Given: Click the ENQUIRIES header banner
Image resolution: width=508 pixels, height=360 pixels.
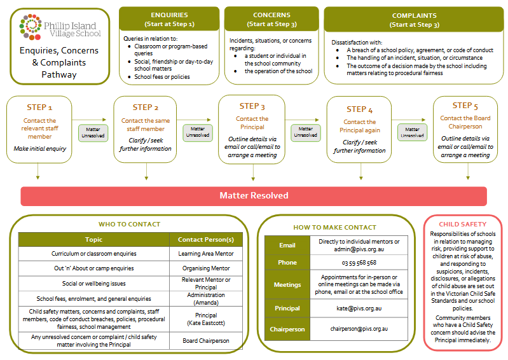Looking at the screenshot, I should click(168, 19).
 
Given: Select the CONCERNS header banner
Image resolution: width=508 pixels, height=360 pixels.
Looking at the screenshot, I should click(271, 19).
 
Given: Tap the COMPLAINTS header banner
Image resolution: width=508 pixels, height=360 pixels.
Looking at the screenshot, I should click(414, 19).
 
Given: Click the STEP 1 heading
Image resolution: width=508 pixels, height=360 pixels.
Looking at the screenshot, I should click(39, 107).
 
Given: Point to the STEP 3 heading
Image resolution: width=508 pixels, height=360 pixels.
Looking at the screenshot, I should click(252, 106).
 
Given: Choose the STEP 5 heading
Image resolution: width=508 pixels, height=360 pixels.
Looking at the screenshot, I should click(465, 106).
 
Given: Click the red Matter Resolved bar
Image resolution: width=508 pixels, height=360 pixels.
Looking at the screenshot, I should click(254, 196).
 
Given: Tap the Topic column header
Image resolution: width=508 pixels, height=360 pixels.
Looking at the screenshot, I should click(93, 240).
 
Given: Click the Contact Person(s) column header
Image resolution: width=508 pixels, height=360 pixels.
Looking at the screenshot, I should click(205, 240).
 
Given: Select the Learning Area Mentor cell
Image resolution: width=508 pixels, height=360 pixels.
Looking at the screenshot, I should click(205, 254).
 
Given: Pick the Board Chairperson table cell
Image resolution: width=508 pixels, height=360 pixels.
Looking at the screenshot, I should click(205, 341).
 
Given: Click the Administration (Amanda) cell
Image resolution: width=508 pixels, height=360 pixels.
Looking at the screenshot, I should click(205, 299).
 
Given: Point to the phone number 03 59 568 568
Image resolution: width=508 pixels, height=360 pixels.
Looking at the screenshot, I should click(359, 263).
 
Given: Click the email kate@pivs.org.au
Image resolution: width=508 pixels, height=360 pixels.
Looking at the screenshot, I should click(359, 308).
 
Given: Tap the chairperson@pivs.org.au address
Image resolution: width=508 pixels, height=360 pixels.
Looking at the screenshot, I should click(359, 329).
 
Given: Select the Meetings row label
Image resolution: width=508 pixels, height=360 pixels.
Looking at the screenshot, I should click(287, 285).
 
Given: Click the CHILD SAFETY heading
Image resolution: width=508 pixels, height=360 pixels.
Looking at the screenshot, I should click(462, 224).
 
